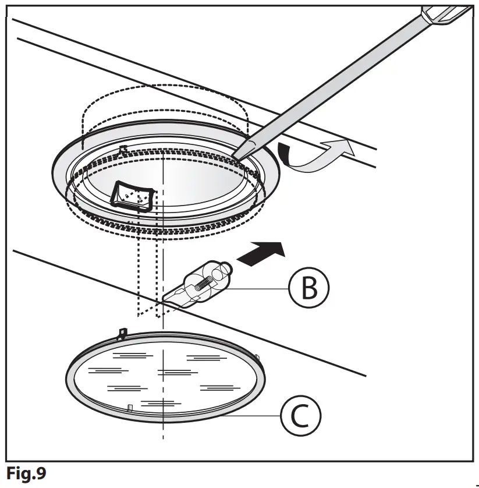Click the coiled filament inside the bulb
[204, 282]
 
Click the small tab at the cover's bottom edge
[130, 406]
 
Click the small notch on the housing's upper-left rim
[122, 150]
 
